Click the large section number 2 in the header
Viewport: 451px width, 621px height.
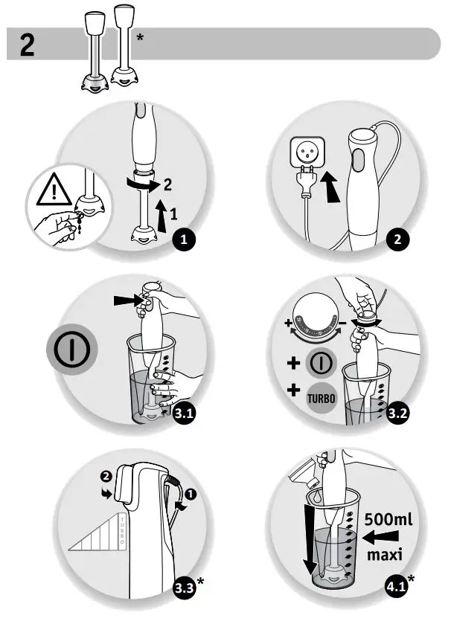tap(27, 45)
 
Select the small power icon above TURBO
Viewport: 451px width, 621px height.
tap(322, 364)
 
